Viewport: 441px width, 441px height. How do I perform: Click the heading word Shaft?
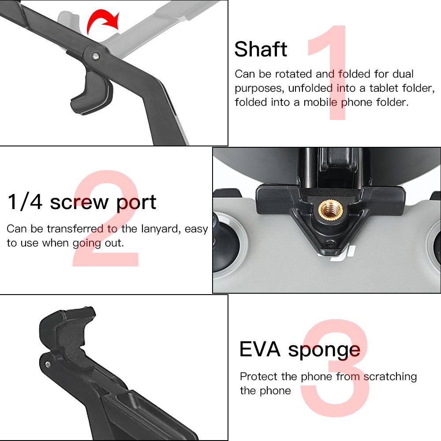pyautogui.click(x=261, y=49)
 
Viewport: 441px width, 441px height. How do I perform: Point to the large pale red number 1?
pyautogui.click(x=329, y=73)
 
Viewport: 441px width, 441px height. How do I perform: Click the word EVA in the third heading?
pyautogui.click(x=260, y=349)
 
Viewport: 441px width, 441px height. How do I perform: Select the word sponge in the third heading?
pyautogui.click(x=324, y=351)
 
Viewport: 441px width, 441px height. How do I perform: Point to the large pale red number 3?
pyautogui.click(x=335, y=368)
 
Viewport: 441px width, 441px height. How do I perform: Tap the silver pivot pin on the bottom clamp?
pyautogui.click(x=47, y=363)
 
